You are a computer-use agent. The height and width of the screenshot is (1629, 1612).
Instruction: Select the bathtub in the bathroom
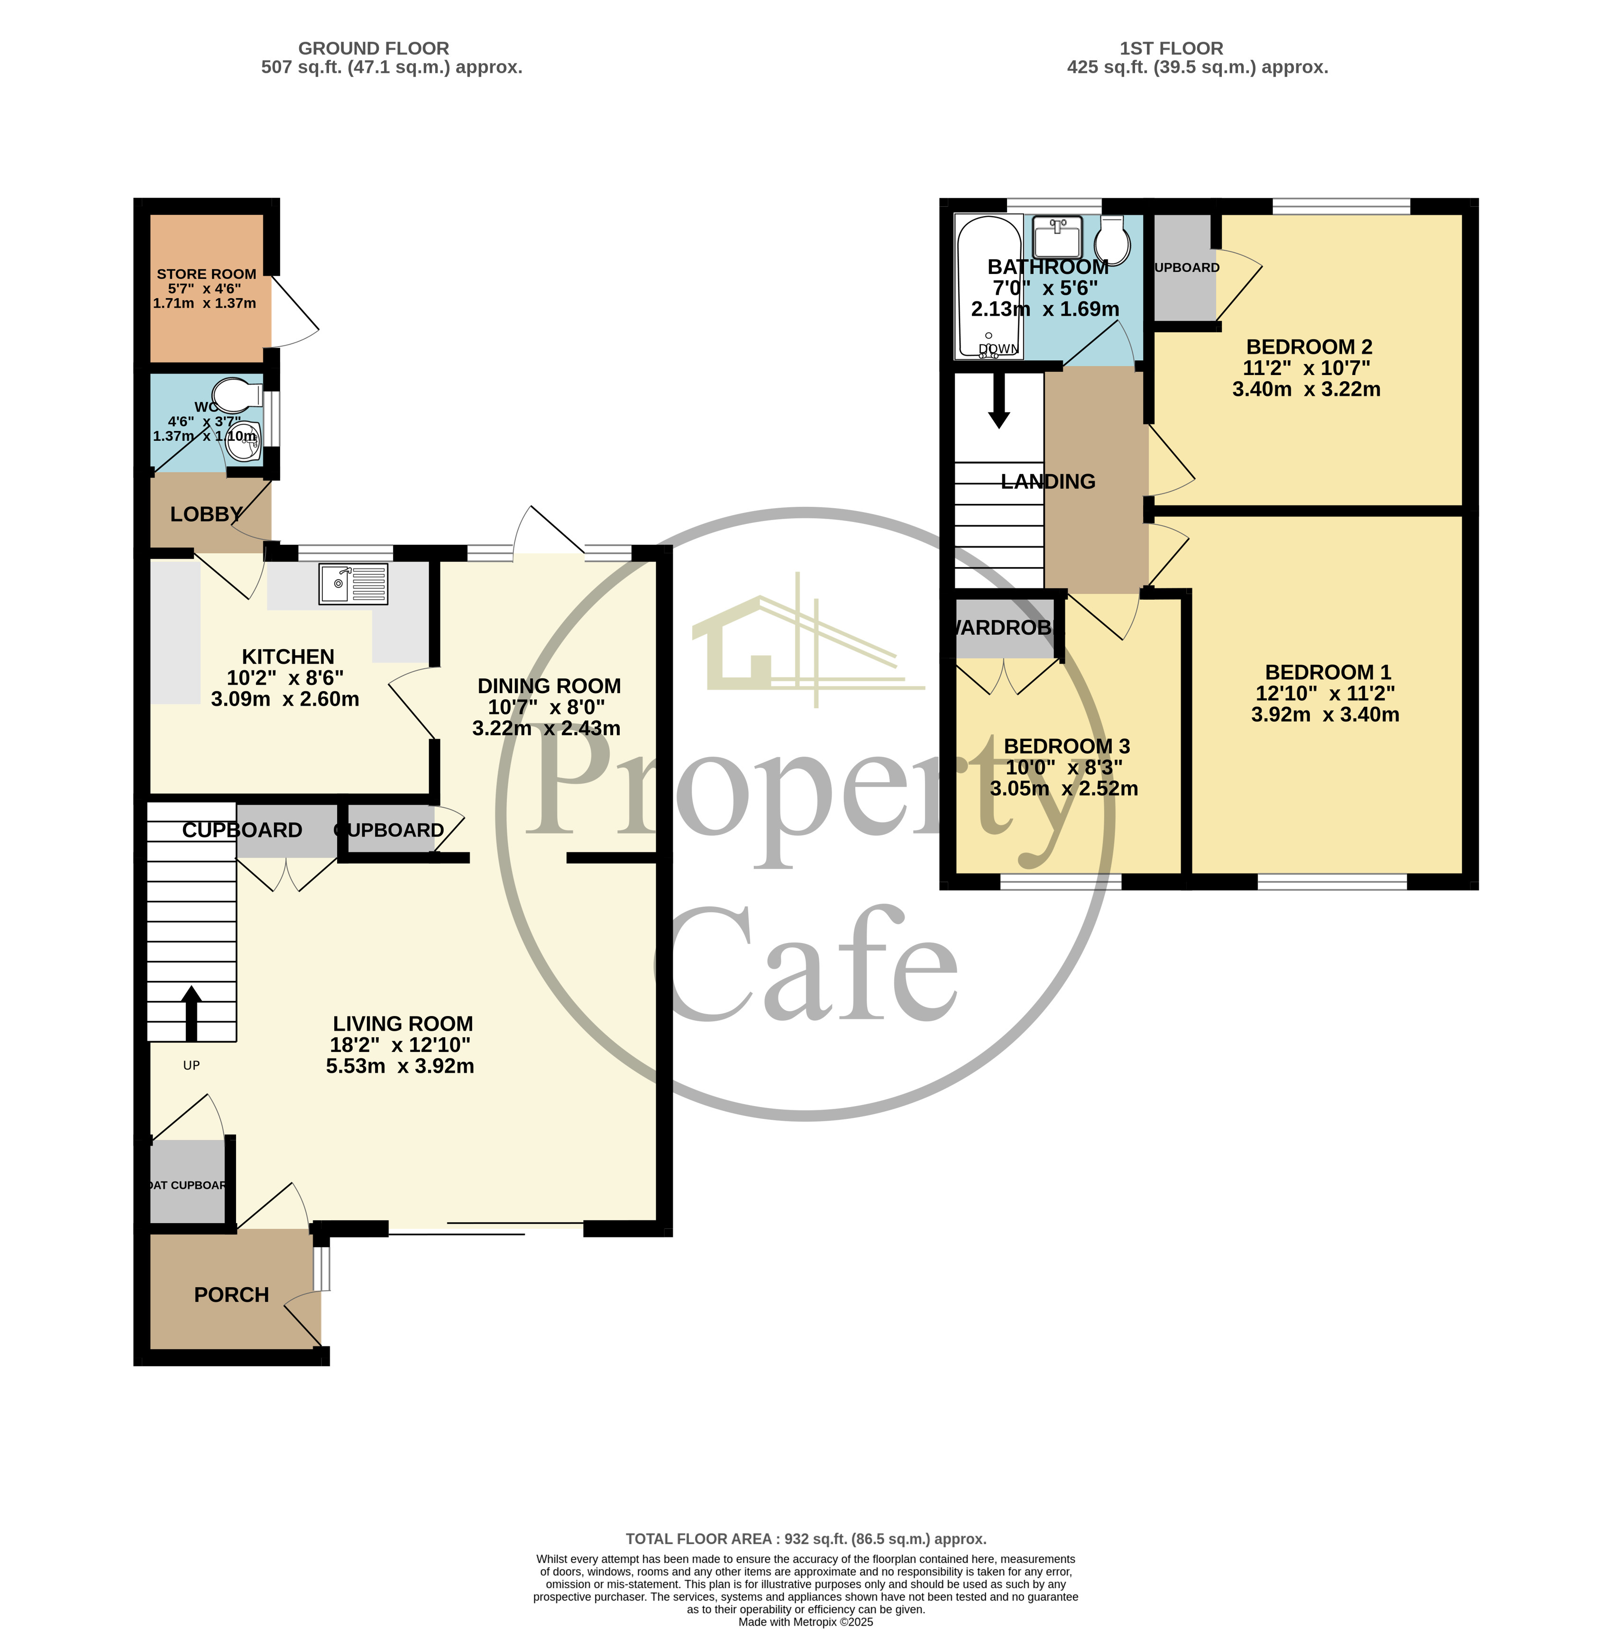[988, 287]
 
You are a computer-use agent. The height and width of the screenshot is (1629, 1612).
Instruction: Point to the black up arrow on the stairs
[192, 1012]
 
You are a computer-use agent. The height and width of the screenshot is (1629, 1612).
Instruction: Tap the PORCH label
[231, 1294]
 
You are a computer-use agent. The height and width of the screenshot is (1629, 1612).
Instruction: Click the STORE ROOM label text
[207, 274]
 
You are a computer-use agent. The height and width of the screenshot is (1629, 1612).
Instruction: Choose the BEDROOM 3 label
[1066, 746]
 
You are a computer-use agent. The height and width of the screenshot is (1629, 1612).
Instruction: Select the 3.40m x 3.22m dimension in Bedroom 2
[1306, 390]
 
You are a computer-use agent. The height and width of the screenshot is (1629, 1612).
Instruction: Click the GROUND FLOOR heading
[374, 48]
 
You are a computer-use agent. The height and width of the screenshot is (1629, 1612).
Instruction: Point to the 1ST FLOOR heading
[1171, 48]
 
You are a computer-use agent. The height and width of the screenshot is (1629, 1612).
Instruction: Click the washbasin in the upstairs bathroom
[1057, 237]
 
